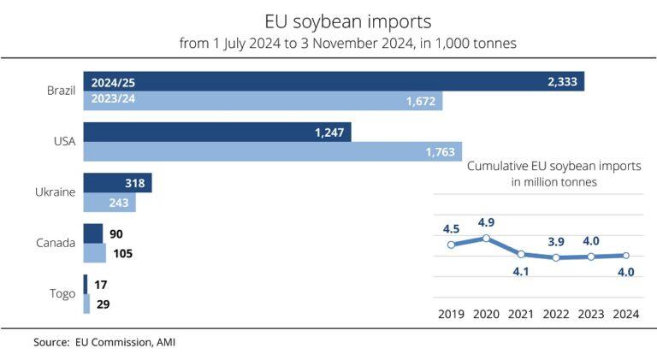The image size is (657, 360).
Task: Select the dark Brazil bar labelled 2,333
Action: (x=334, y=82)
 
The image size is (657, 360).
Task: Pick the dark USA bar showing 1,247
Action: (x=217, y=132)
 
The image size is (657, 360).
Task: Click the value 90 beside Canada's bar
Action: (x=118, y=233)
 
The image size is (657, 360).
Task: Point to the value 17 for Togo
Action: (x=101, y=284)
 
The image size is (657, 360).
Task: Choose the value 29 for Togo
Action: (x=103, y=304)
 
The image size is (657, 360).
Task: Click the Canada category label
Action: (x=56, y=243)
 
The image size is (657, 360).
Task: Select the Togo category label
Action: (x=62, y=294)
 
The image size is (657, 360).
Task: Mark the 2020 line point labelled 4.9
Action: (x=486, y=238)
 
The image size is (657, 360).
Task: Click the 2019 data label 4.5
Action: (x=452, y=228)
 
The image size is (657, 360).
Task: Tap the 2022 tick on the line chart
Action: (x=555, y=314)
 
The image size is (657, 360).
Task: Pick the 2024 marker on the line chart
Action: (x=625, y=255)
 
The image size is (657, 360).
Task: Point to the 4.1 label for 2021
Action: (x=520, y=272)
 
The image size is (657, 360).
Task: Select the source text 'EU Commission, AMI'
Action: (x=128, y=342)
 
